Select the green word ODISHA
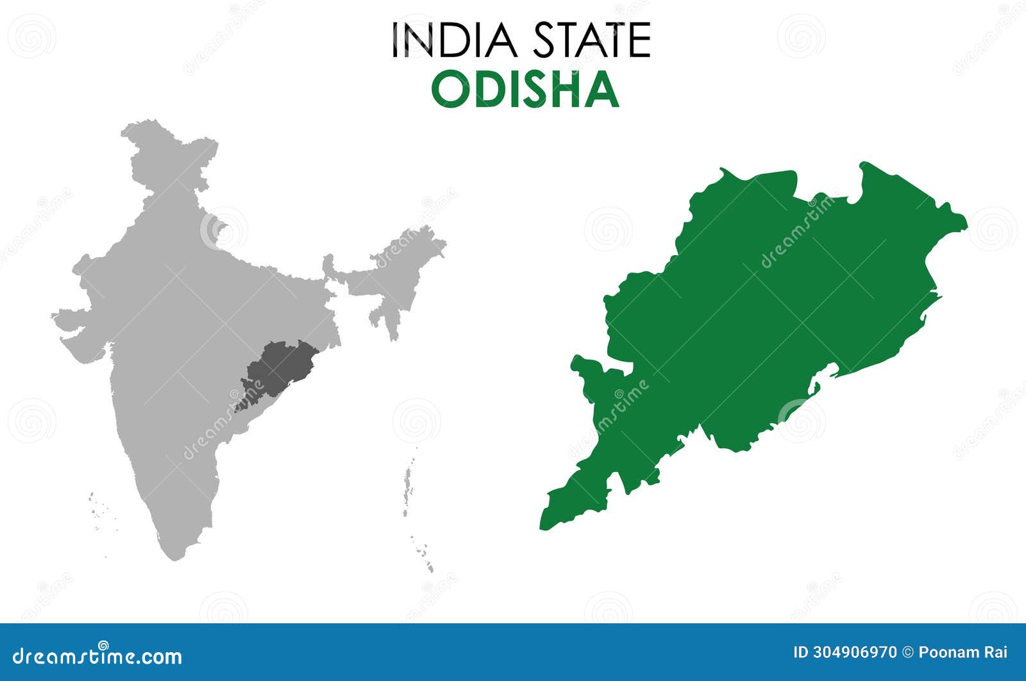click(x=525, y=90)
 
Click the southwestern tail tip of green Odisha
click(x=545, y=523)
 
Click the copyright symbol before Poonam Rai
click(x=907, y=653)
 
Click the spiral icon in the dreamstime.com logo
click(x=103, y=646)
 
